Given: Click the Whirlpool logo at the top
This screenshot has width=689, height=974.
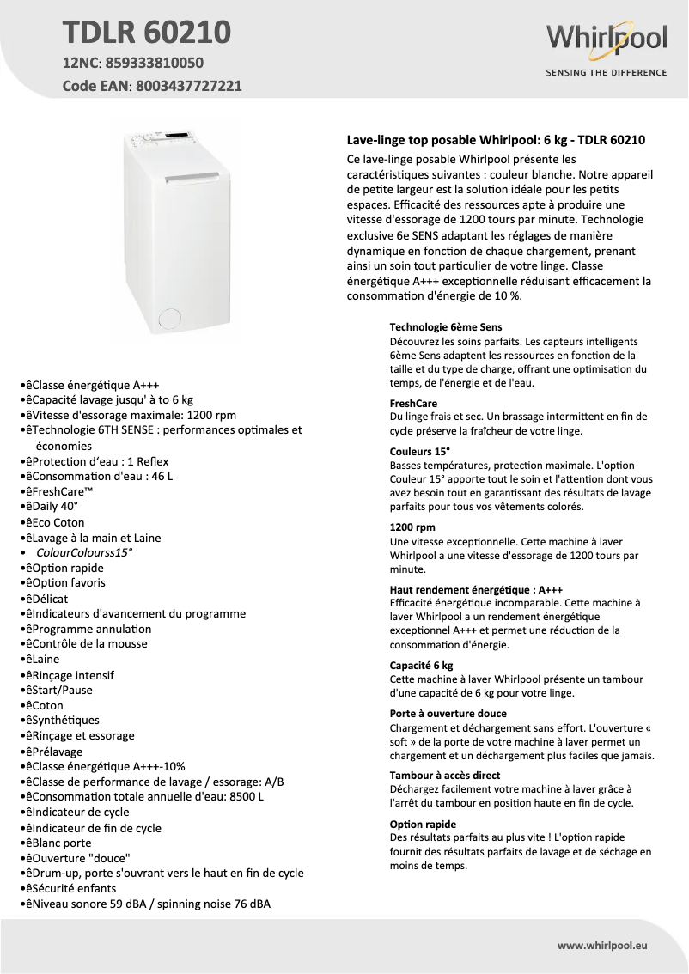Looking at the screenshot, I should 606,40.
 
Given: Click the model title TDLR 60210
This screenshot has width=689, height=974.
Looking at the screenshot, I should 146,32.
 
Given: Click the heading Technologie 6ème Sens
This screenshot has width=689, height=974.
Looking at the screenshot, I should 446,327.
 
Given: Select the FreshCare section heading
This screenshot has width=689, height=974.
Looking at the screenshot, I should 413,403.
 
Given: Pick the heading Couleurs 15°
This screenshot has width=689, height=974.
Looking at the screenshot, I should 420,450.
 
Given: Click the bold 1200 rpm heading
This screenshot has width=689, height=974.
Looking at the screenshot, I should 412,527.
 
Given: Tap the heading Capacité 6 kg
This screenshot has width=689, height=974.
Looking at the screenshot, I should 421,666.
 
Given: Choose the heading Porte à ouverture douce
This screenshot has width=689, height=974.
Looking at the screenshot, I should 448,714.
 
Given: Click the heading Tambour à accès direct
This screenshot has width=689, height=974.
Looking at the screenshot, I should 444,775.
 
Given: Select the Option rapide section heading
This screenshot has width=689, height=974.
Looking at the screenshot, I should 423,824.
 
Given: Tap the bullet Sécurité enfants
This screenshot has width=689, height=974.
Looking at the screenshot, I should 78,888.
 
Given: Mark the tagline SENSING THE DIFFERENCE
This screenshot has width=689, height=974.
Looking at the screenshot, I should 606,72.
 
